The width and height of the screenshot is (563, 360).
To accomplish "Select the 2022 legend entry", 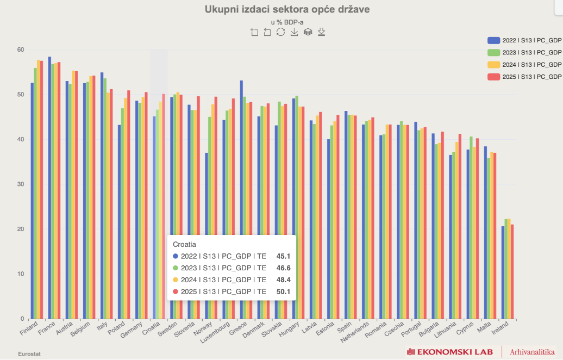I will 524,40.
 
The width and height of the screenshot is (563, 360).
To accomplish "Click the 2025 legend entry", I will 524,77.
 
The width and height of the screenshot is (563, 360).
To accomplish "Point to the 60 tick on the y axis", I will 21,49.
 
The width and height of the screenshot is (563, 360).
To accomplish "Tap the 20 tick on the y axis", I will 21,229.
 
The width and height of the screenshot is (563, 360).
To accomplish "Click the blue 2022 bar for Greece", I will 241,196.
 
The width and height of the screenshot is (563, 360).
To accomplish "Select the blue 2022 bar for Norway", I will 207,234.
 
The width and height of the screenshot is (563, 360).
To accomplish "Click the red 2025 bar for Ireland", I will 512,272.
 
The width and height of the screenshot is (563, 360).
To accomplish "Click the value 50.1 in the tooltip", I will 283,292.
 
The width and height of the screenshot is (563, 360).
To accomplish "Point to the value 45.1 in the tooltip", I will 283,256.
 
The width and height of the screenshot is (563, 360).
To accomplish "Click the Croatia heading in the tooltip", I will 184,245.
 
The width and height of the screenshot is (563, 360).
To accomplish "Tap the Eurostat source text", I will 29,353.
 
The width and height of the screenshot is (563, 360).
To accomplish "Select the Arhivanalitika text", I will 532,352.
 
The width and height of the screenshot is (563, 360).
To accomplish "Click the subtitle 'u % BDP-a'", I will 287,22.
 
